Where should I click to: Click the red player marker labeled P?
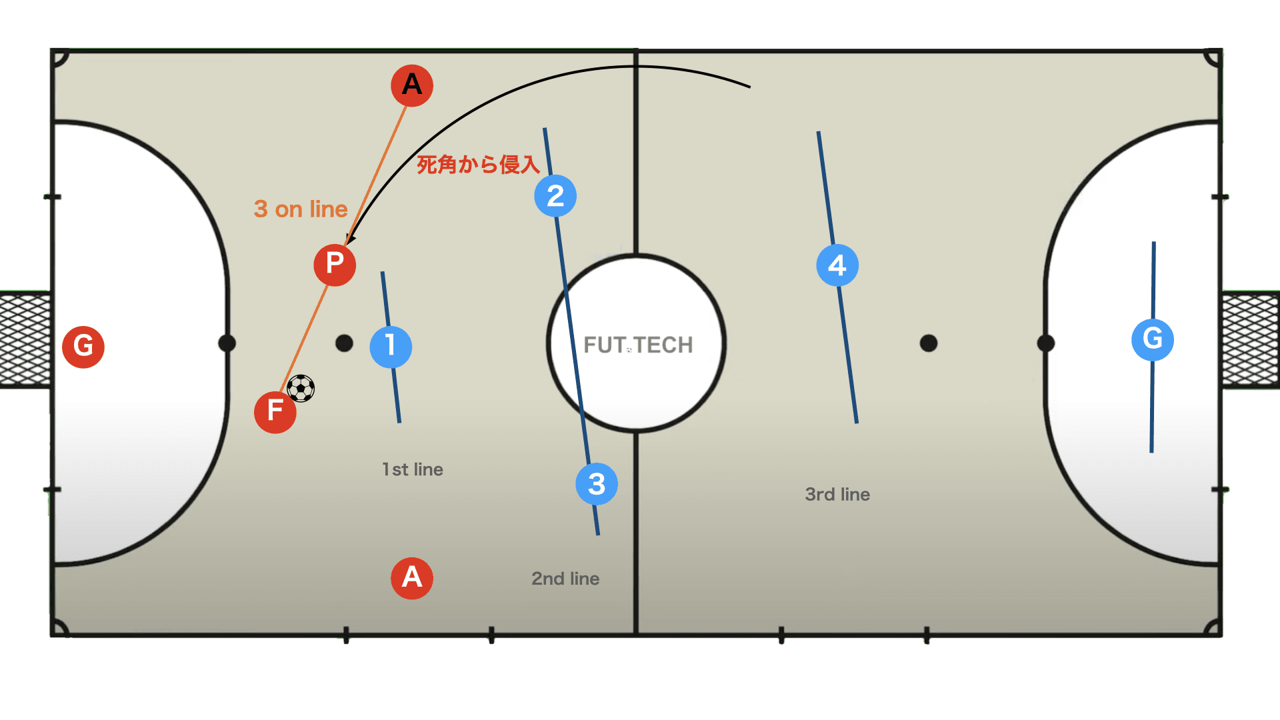click(x=335, y=265)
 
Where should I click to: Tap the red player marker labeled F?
click(x=275, y=412)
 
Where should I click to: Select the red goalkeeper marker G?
click(x=83, y=347)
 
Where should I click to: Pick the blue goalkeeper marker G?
click(x=1153, y=339)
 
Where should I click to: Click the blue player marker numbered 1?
click(x=391, y=347)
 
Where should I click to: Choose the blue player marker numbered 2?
click(x=555, y=196)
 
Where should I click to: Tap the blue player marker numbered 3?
click(x=597, y=484)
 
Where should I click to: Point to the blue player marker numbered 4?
click(x=837, y=265)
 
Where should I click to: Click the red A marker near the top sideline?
click(x=412, y=85)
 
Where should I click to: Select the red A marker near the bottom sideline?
click(x=412, y=578)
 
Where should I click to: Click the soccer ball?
click(x=301, y=388)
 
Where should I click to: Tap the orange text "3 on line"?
click(x=301, y=209)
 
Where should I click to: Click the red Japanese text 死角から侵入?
click(x=478, y=165)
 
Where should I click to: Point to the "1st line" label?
click(x=413, y=469)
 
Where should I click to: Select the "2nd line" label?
click(x=565, y=579)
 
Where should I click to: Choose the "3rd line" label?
click(x=837, y=495)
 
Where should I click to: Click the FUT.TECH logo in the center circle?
click(x=638, y=345)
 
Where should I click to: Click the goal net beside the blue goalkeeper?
click(x=1250, y=339)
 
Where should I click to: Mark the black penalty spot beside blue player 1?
click(x=344, y=343)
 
